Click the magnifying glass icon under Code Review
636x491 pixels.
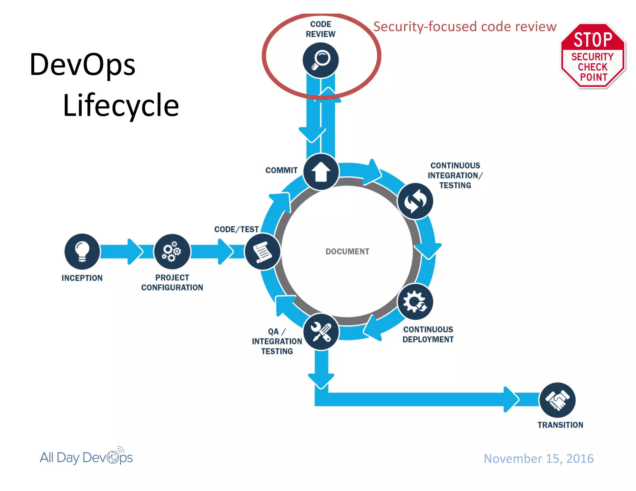coord(320,60)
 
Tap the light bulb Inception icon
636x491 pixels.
coord(82,251)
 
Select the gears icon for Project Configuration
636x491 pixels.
coord(172,251)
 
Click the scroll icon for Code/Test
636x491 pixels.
coord(262,251)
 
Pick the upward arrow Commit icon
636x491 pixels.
coord(321,172)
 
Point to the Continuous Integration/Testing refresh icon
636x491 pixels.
coord(415,201)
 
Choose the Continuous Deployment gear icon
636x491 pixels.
coord(415,302)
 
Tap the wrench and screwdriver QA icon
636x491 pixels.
coord(321,332)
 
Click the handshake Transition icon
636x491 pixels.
coord(557,400)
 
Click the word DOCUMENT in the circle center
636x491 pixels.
coord(347,251)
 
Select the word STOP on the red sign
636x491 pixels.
coord(593,40)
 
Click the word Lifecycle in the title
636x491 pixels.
coord(121,106)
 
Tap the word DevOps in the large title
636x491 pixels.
coord(83,65)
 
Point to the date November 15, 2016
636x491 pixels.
coord(538,458)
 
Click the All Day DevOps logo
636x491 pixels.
coord(86,457)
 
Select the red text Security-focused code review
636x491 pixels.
coord(465,27)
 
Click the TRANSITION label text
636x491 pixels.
coord(560,425)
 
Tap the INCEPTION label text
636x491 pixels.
coord(82,278)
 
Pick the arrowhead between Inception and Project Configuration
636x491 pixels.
coord(134,251)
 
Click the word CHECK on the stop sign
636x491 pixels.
coord(593,67)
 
